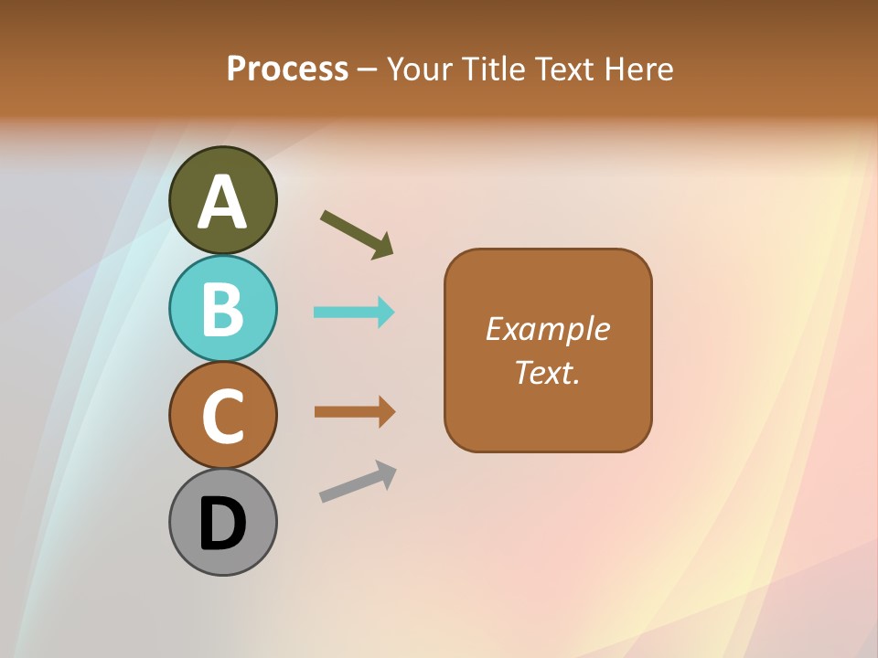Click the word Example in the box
click(548, 329)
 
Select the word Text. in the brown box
click(548, 373)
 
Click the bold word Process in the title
click(287, 69)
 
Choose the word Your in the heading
click(422, 69)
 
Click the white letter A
click(222, 203)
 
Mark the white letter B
click(222, 310)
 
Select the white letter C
click(222, 417)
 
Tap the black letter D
click(222, 524)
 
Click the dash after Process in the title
click(367, 70)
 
